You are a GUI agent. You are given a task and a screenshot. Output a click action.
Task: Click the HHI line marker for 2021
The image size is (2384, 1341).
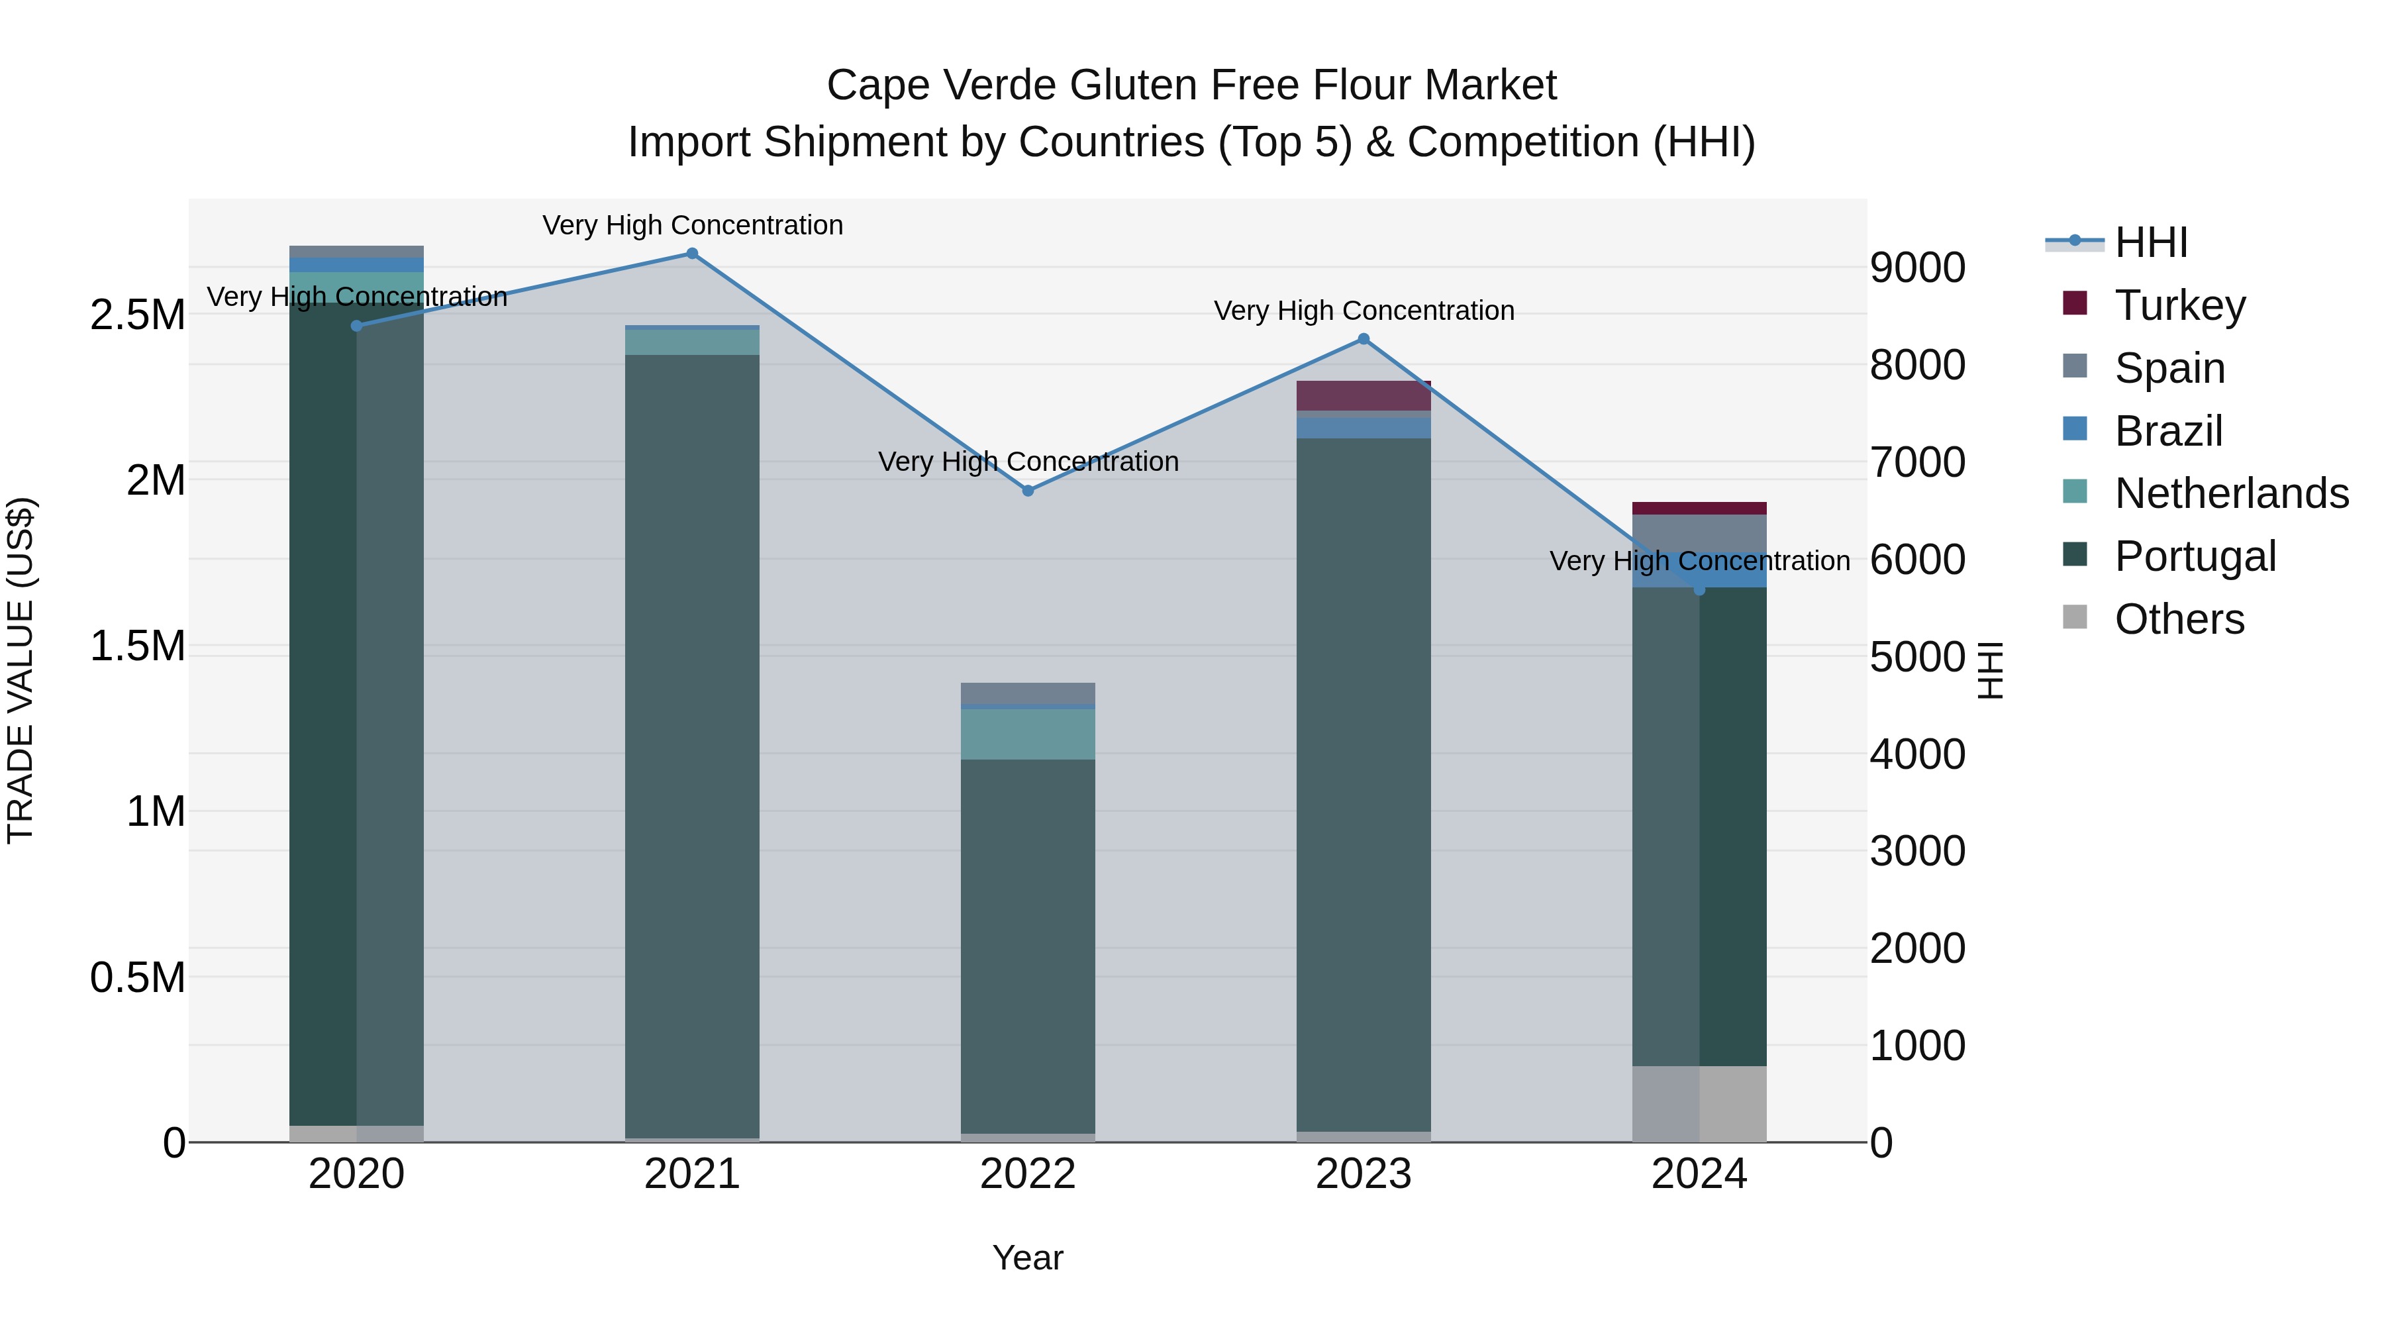click(x=692, y=254)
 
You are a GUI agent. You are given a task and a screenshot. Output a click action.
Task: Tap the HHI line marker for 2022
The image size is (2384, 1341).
click(x=1028, y=491)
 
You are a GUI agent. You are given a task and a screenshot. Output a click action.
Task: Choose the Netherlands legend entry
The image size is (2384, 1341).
click(x=2230, y=493)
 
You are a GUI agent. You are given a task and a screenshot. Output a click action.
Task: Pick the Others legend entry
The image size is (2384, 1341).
click(x=2179, y=619)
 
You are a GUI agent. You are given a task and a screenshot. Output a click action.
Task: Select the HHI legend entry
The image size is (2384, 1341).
click(x=2151, y=242)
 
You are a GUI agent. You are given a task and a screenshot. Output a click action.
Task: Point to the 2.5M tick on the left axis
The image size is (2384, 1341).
click(x=137, y=316)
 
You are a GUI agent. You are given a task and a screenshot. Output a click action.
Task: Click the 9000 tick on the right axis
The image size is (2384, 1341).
click(x=1918, y=268)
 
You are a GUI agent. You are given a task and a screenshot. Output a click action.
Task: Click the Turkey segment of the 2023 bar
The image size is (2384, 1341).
click(x=1364, y=396)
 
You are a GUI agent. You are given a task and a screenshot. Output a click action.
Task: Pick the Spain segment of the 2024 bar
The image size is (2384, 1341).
click(x=1699, y=533)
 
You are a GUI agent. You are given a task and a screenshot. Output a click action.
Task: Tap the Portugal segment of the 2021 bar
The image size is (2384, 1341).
click(x=692, y=740)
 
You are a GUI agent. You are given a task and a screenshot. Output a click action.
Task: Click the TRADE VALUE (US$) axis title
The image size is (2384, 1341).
click(x=21, y=670)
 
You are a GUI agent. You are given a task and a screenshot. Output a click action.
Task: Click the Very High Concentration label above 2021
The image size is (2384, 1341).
click(x=692, y=226)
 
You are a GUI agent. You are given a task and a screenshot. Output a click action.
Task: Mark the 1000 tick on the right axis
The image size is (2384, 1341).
click(x=1918, y=1046)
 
